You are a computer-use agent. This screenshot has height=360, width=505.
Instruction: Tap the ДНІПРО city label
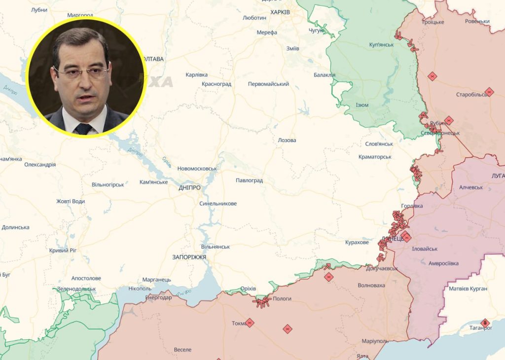190,188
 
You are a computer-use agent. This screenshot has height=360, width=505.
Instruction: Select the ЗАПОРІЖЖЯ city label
189,257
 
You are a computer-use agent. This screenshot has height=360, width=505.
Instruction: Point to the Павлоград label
249,180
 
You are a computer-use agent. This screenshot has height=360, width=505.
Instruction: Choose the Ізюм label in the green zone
362,105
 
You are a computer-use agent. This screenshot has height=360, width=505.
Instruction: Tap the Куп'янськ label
381,44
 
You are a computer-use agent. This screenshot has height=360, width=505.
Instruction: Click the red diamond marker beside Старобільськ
489,92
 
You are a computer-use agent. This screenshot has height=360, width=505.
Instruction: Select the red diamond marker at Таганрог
485,323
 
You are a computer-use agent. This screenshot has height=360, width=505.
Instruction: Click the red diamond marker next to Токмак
250,323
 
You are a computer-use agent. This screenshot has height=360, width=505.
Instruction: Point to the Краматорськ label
375,157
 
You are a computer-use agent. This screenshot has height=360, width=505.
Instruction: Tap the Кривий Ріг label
63,251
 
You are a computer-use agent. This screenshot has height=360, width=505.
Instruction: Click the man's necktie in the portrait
83,128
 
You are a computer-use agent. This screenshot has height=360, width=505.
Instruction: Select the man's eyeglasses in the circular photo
81,72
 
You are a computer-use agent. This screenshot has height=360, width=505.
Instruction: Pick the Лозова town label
287,140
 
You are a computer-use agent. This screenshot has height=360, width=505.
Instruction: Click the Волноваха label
371,285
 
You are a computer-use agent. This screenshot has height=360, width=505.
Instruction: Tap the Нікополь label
140,288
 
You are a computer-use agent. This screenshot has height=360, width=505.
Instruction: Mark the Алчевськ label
471,187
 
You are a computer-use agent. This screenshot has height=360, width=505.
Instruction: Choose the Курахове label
357,243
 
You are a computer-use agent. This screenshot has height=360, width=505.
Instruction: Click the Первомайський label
268,84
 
